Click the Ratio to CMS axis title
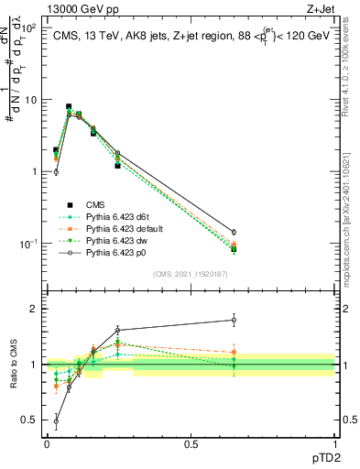pos(13,366)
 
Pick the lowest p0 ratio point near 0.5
pos(56,422)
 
